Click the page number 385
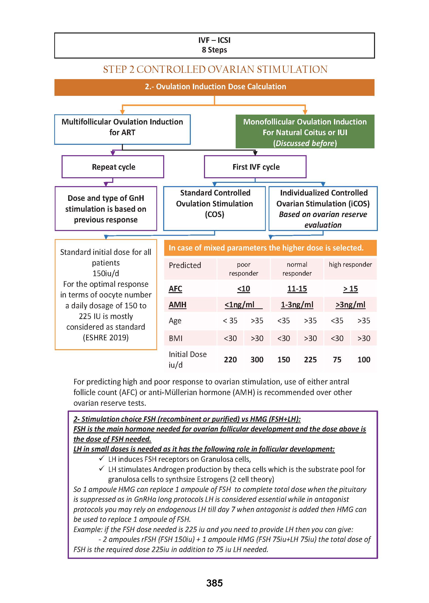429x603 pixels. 214,583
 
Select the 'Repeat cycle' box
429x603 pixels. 113,167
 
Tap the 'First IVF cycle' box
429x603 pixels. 255,167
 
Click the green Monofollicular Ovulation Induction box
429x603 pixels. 305,132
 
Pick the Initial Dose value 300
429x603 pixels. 257,360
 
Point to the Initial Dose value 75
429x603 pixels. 337,360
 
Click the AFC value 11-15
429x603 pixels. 297,289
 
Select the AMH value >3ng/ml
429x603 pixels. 350,305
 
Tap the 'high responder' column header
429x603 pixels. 350,265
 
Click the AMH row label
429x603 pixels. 178,305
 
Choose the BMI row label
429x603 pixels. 176,338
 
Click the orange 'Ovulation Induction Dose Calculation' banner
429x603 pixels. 214,87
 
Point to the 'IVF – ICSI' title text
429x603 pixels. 214,40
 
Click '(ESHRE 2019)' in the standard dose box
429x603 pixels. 106,338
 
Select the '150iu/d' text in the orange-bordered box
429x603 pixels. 106,273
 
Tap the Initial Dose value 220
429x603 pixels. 230,360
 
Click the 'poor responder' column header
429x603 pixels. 243,269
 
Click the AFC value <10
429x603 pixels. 243,289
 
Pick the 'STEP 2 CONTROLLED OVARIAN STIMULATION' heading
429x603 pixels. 215,69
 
